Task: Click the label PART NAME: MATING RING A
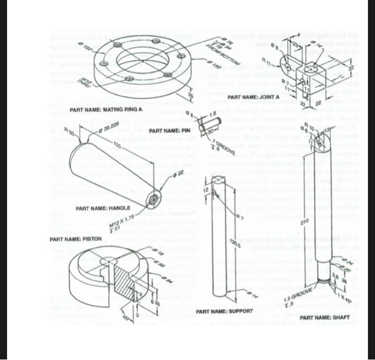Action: click(106, 110)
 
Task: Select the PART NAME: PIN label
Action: click(170, 131)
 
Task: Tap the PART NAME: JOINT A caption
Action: click(253, 97)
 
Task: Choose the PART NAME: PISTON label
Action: click(75, 238)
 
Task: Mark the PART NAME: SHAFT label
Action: click(325, 318)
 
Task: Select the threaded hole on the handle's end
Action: click(154, 198)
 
